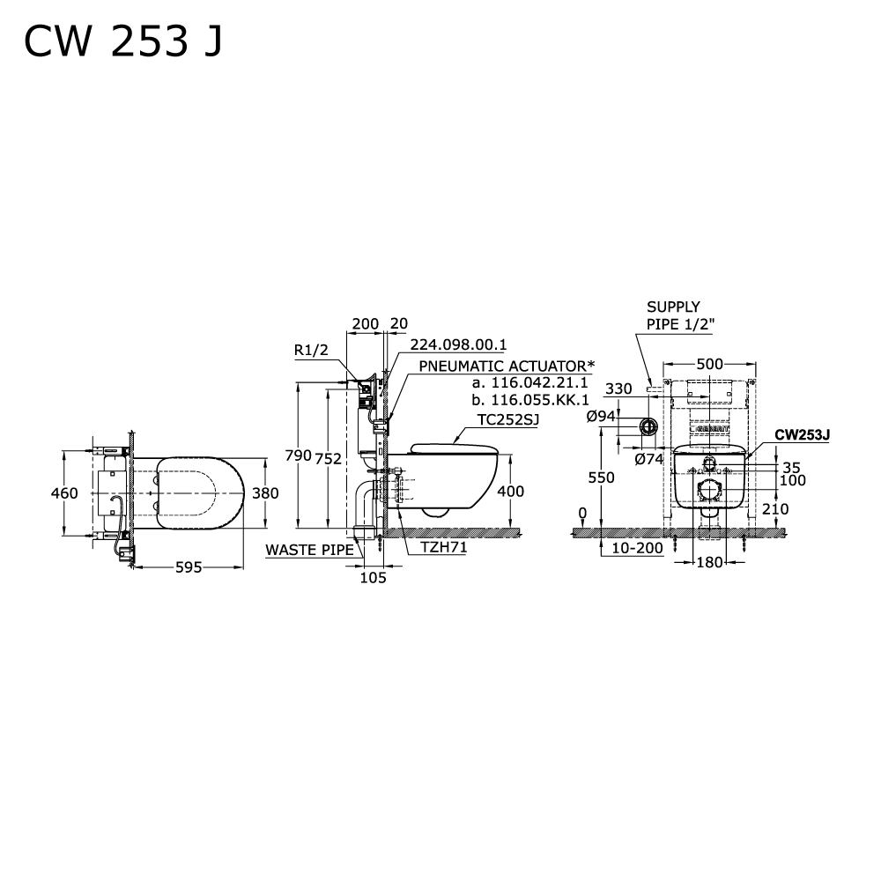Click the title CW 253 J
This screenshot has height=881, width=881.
pyautogui.click(x=122, y=41)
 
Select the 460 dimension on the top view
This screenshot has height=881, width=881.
pyautogui.click(x=64, y=493)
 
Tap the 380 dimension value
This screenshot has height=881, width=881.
pyautogui.click(x=265, y=493)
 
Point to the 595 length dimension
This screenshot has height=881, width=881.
pyautogui.click(x=187, y=568)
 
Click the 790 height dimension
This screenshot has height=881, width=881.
pyautogui.click(x=298, y=455)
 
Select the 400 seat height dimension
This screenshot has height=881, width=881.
pyautogui.click(x=511, y=492)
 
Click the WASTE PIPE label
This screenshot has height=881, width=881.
pyautogui.click(x=309, y=550)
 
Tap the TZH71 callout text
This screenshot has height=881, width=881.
pyautogui.click(x=443, y=547)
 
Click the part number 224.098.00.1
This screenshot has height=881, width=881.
pyautogui.click(x=458, y=344)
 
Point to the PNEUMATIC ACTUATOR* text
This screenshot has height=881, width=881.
pyautogui.click(x=507, y=366)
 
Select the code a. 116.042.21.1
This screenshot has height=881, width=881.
pyautogui.click(x=528, y=383)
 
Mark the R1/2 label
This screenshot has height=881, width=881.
pyautogui.click(x=311, y=351)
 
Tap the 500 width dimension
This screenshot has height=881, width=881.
pyautogui.click(x=709, y=363)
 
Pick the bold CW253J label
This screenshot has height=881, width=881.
pyautogui.click(x=803, y=434)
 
